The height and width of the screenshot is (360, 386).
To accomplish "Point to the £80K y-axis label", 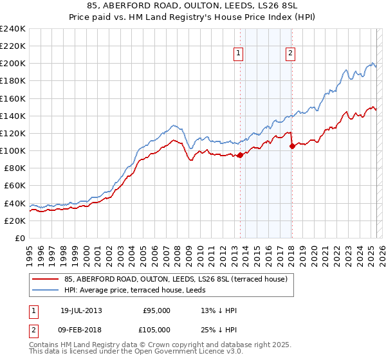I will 14,168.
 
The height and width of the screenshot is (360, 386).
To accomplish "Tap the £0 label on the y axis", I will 20,238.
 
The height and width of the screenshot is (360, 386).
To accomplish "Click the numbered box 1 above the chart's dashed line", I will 239,53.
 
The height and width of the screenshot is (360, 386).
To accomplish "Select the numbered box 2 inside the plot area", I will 291,53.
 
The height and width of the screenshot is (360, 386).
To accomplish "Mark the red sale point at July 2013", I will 240,155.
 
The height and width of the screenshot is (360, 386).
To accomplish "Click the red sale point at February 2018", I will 292,146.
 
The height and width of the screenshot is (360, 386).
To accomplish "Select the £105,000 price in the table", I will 156,329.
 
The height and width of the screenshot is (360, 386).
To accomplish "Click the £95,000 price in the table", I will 156,310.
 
